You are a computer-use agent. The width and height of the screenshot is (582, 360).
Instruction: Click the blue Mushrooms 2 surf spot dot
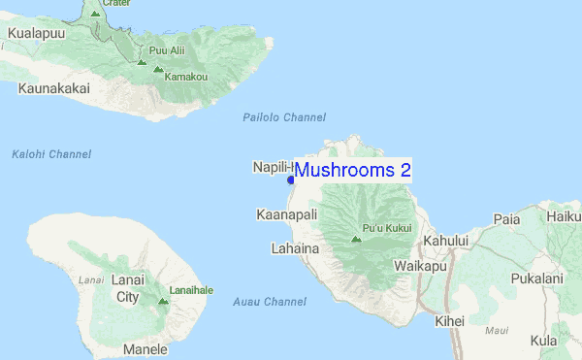(x=290, y=180)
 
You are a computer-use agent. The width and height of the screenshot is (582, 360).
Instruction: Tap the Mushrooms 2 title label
(x=353, y=170)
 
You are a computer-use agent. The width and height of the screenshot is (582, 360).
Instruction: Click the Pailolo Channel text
(x=284, y=117)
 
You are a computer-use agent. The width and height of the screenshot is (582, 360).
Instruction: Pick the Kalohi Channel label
(x=51, y=154)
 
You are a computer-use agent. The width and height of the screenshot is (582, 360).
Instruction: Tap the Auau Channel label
(x=270, y=302)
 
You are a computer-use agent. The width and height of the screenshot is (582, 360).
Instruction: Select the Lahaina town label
(x=295, y=248)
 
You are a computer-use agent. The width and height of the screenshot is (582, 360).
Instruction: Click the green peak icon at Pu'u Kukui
(x=356, y=238)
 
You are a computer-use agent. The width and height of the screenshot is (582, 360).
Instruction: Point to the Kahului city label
(x=444, y=241)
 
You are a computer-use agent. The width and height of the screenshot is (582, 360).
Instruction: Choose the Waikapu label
(x=421, y=265)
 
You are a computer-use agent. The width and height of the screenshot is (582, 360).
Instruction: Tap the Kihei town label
(x=450, y=321)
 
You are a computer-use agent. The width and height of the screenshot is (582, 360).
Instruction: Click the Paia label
(x=506, y=219)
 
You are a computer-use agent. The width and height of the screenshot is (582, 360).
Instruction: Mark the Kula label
(x=544, y=341)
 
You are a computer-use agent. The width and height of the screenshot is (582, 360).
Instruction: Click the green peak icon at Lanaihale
(x=162, y=301)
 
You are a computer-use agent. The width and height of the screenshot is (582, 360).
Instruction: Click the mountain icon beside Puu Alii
(x=142, y=62)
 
